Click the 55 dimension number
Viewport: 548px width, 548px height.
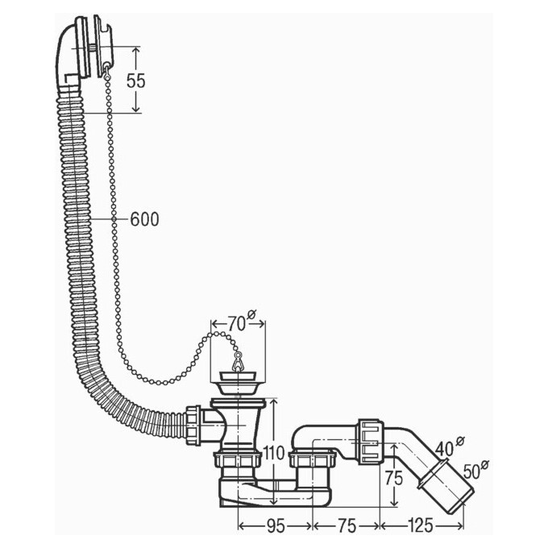pyautogui.click(x=136, y=81)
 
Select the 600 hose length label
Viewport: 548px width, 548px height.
pyautogui.click(x=145, y=219)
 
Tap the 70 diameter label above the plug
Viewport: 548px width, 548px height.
pyautogui.click(x=237, y=324)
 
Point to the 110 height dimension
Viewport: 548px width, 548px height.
pyautogui.click(x=274, y=453)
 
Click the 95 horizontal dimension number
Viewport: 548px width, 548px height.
pyautogui.click(x=276, y=525)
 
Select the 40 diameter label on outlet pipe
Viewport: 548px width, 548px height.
pyautogui.click(x=445, y=448)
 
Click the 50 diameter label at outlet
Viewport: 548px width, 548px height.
pyautogui.click(x=471, y=471)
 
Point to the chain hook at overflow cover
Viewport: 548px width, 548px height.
pyautogui.click(x=106, y=71)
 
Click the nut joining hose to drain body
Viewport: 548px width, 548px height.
pyautogui.click(x=193, y=425)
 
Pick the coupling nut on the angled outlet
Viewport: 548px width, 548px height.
pyautogui.click(x=372, y=442)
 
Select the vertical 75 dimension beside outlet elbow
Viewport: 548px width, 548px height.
pyautogui.click(x=394, y=478)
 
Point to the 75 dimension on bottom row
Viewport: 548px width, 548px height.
pyautogui.click(x=347, y=525)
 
